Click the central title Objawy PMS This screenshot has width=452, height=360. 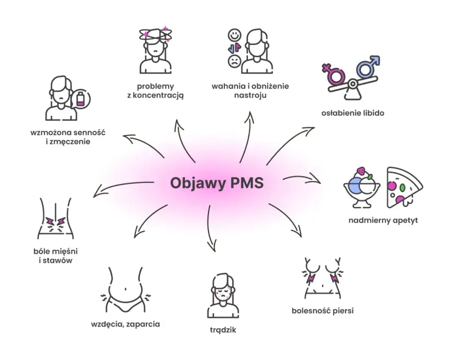tap(217, 182)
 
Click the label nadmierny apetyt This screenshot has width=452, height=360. tap(383, 221)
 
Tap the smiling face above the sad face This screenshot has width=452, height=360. tap(234, 35)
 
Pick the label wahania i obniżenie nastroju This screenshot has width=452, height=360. tap(250, 91)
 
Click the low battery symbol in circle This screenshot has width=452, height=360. tap(81, 99)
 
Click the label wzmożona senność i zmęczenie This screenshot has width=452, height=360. tap(68, 137)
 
